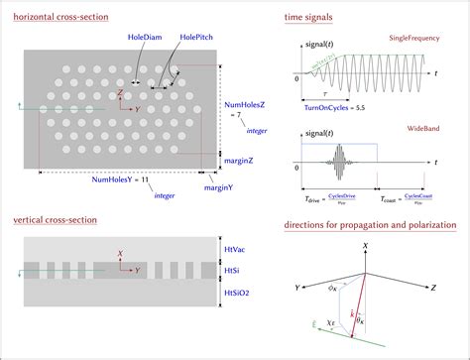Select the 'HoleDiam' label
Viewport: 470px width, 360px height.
point(144,37)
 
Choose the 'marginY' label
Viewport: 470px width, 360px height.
point(218,186)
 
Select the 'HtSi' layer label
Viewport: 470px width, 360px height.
point(232,270)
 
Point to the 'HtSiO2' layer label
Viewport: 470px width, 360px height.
point(238,293)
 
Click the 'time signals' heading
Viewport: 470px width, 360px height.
point(308,19)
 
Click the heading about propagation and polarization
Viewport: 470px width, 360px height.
point(370,225)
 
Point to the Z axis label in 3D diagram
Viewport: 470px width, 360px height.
point(433,287)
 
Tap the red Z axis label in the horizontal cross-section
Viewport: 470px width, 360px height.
point(120,91)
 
